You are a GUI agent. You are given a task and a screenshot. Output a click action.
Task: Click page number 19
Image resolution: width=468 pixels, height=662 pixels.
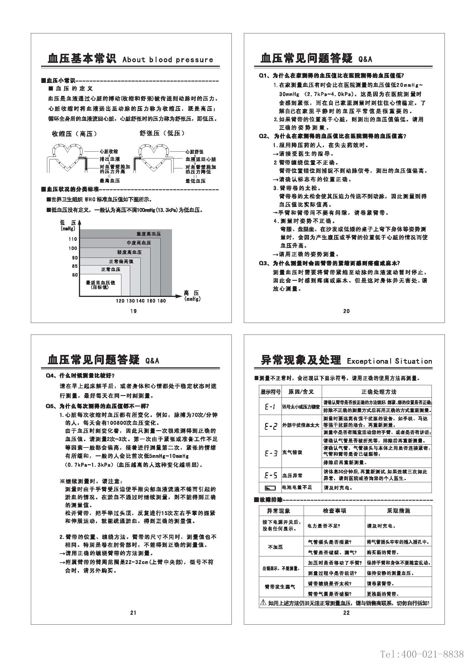click(134, 311)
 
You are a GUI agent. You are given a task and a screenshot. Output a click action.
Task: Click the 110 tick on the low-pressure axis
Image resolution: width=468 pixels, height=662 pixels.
click(73, 239)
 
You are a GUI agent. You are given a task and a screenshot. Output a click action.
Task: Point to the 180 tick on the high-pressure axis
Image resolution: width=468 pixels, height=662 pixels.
click(162, 301)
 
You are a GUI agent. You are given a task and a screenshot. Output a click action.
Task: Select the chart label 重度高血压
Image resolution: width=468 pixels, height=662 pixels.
click(149, 234)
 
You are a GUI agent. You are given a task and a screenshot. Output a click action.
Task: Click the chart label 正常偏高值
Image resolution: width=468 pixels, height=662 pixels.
click(121, 262)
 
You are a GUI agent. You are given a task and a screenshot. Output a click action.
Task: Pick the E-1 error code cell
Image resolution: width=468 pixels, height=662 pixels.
click(270, 407)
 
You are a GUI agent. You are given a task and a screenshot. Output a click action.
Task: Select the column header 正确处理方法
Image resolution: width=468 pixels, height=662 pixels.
click(379, 392)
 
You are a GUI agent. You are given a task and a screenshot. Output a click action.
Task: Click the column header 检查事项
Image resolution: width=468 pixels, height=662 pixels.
click(334, 511)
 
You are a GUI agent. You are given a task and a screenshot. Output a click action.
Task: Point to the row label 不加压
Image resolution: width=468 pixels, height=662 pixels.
click(276, 547)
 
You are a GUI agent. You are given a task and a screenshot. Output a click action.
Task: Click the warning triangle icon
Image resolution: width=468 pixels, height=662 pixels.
click(263, 602)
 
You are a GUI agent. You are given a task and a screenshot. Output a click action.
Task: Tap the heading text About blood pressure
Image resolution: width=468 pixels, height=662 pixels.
click(168, 60)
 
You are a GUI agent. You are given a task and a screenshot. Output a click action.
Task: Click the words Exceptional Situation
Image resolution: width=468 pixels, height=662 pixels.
click(389, 361)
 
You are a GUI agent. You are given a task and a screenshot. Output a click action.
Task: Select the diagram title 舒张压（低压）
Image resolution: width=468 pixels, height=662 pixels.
click(162, 133)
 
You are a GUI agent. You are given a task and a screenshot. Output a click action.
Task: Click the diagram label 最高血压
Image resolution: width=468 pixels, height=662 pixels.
click(110, 181)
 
